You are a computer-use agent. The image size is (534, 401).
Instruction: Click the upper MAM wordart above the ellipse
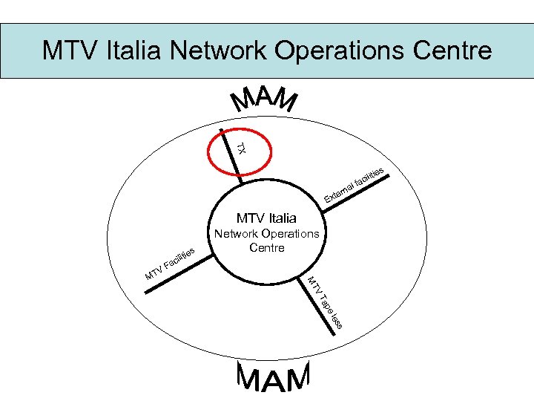click(265, 101)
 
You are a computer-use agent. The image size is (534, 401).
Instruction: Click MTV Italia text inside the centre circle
click(266, 218)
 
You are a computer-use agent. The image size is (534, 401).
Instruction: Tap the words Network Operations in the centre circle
click(266, 233)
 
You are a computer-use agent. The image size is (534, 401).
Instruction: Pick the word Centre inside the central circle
click(266, 247)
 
